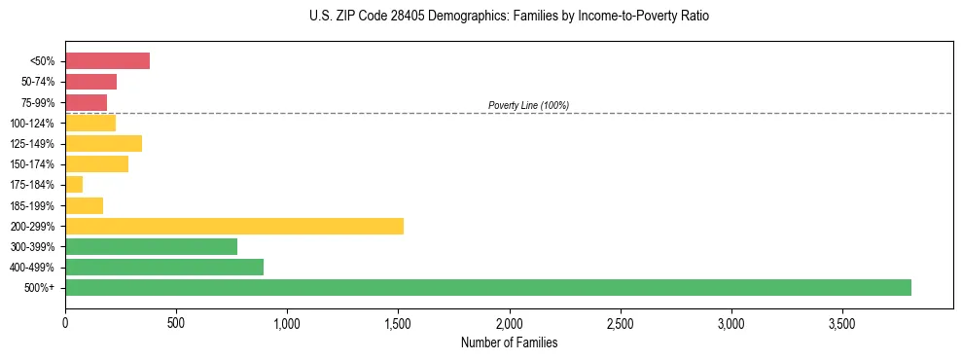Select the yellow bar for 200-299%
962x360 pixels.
[234, 226]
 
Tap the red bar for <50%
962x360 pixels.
[107, 61]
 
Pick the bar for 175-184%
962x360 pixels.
[74, 185]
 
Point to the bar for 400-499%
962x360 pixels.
[164, 267]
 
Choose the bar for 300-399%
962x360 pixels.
[151, 246]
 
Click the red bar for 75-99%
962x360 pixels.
[86, 102]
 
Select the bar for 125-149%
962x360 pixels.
[103, 143]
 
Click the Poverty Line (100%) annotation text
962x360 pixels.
[528, 105]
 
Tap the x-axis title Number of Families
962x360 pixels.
[509, 342]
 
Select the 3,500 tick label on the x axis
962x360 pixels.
[841, 323]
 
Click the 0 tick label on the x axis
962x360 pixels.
[65, 323]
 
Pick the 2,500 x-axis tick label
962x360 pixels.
[620, 323]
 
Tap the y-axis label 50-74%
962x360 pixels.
[39, 82]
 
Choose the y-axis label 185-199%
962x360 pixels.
[36, 205]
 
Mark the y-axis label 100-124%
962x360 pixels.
[36, 124]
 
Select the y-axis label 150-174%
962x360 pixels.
[36, 164]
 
